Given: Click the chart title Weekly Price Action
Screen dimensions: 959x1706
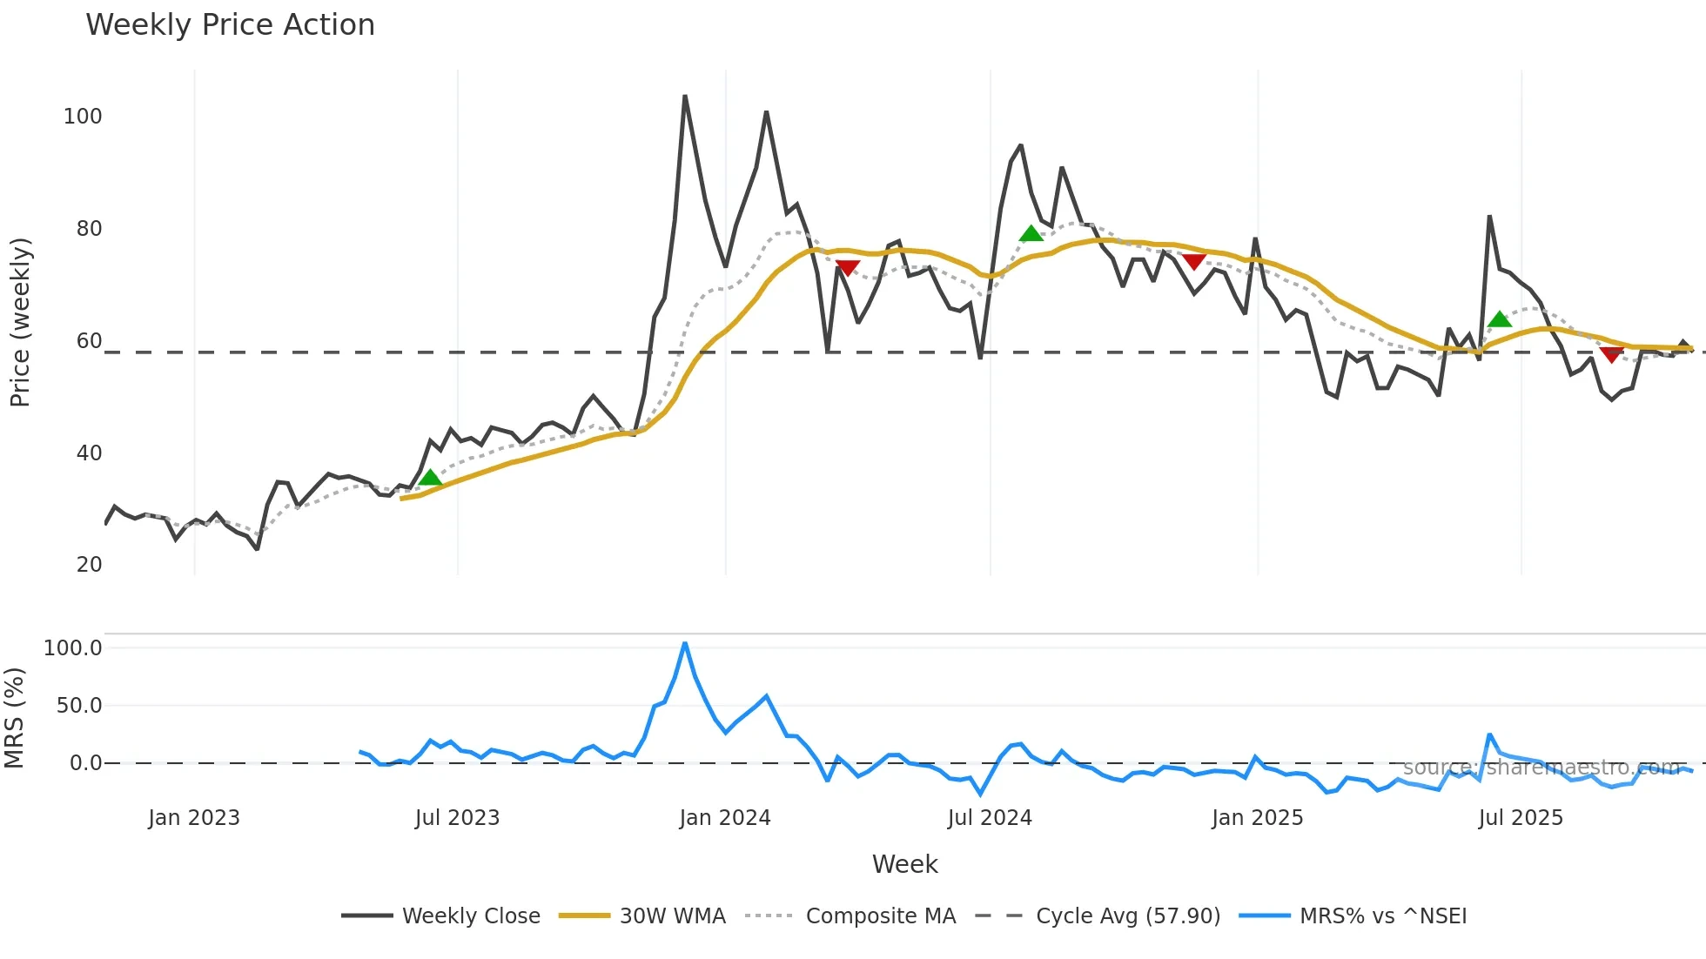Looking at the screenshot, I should (x=230, y=25).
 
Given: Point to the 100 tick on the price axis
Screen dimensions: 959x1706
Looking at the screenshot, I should (x=83, y=117).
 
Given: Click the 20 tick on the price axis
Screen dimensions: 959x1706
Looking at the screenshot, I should (x=89, y=565).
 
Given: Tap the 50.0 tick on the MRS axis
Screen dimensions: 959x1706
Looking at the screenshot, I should (x=79, y=706).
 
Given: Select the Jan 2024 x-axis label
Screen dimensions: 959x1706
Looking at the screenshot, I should (x=725, y=818).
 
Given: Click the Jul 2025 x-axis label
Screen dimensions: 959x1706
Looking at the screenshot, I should (x=1521, y=818).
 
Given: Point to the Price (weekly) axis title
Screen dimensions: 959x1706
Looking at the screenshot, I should (x=20, y=322).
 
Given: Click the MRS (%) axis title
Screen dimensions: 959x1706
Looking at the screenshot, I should (x=14, y=718).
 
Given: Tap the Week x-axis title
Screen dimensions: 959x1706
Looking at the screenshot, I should (x=904, y=864).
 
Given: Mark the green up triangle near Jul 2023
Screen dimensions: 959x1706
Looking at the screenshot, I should (x=430, y=477).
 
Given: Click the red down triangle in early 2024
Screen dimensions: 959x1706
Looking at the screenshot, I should (x=847, y=268).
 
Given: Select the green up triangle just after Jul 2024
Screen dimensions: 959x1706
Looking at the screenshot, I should (x=1031, y=233).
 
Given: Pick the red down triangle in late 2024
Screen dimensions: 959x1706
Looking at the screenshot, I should (x=1193, y=262).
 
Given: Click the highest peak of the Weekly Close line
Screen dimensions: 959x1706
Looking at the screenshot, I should (x=685, y=96).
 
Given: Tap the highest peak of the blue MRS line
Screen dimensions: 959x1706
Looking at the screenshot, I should (x=685, y=643).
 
